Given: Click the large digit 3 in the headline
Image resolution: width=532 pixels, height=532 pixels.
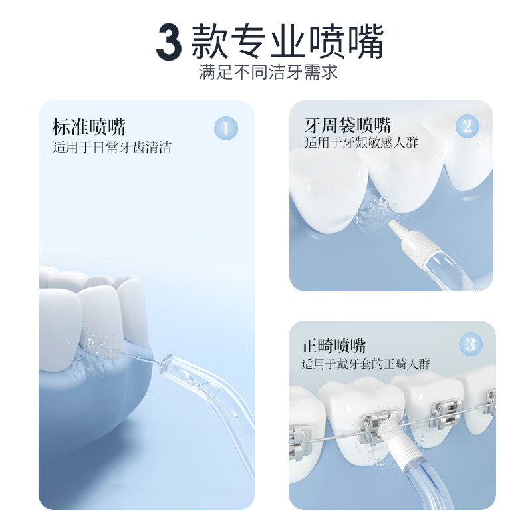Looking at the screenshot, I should (x=168, y=41).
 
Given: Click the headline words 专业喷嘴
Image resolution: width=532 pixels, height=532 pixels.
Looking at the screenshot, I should (x=310, y=41).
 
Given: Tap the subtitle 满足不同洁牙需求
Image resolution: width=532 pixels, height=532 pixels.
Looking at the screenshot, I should (x=268, y=72).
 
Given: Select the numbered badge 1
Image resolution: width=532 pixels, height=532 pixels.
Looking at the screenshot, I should (x=225, y=128).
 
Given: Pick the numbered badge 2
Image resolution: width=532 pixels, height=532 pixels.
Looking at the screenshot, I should (x=467, y=126).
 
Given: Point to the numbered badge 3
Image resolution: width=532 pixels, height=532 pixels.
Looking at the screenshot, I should (x=470, y=344).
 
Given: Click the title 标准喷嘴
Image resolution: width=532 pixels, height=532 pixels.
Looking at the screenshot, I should (x=89, y=126).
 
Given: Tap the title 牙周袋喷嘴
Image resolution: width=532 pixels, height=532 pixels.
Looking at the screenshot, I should (x=348, y=125).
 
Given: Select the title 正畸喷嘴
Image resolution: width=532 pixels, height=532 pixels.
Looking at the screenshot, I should (x=333, y=346).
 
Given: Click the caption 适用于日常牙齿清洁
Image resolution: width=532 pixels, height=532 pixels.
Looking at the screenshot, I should (x=112, y=148).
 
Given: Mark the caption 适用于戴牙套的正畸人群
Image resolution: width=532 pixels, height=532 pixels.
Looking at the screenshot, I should (x=365, y=364).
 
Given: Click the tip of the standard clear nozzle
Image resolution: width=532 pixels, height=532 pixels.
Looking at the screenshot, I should (x=165, y=362).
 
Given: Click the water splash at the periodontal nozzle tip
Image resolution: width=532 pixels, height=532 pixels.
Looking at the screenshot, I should (x=370, y=215).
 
